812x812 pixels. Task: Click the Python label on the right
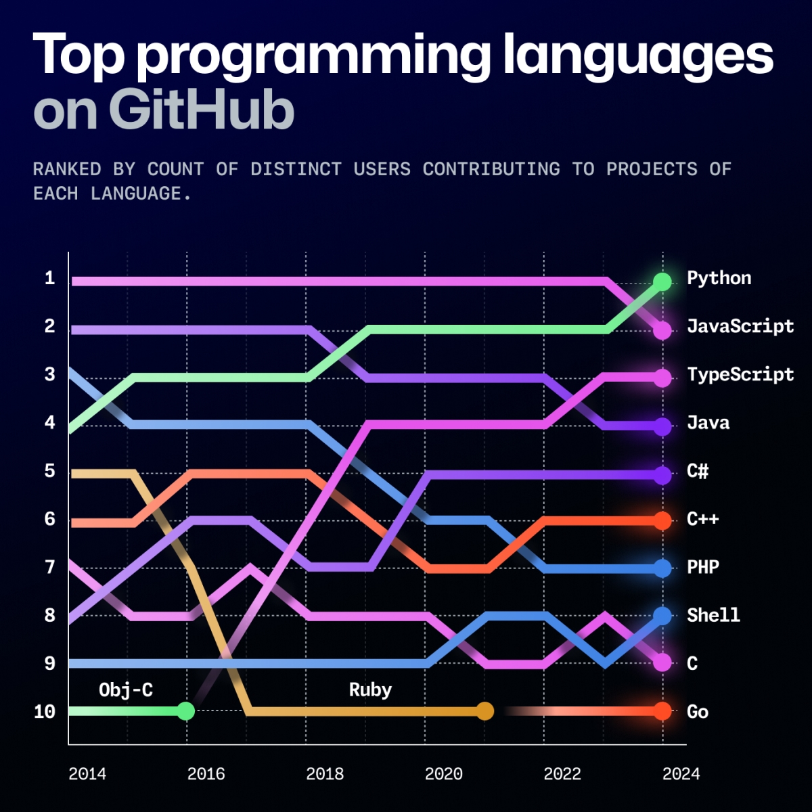click(x=719, y=278)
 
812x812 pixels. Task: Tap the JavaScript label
click(x=740, y=326)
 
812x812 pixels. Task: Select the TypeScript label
click(x=740, y=374)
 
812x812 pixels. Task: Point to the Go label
click(x=698, y=712)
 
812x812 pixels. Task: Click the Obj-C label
click(x=126, y=690)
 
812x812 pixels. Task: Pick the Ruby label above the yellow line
click(x=370, y=690)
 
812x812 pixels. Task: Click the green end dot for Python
click(x=662, y=281)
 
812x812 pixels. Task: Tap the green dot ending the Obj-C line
click(x=186, y=711)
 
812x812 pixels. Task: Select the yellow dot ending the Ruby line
click(x=484, y=711)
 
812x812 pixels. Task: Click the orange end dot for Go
click(x=662, y=711)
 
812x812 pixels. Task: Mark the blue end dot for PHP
click(x=662, y=568)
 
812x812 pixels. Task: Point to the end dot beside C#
click(x=662, y=475)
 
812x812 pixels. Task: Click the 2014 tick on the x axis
click(x=87, y=774)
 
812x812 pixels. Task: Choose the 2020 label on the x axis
click(x=443, y=774)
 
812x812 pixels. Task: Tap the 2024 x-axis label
click(x=681, y=774)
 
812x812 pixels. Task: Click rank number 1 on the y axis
click(x=49, y=278)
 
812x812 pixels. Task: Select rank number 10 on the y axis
click(x=45, y=712)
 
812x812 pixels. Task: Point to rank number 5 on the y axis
click(x=49, y=471)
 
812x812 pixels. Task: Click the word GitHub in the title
click(x=201, y=110)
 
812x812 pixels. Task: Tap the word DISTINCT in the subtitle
click(x=296, y=169)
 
